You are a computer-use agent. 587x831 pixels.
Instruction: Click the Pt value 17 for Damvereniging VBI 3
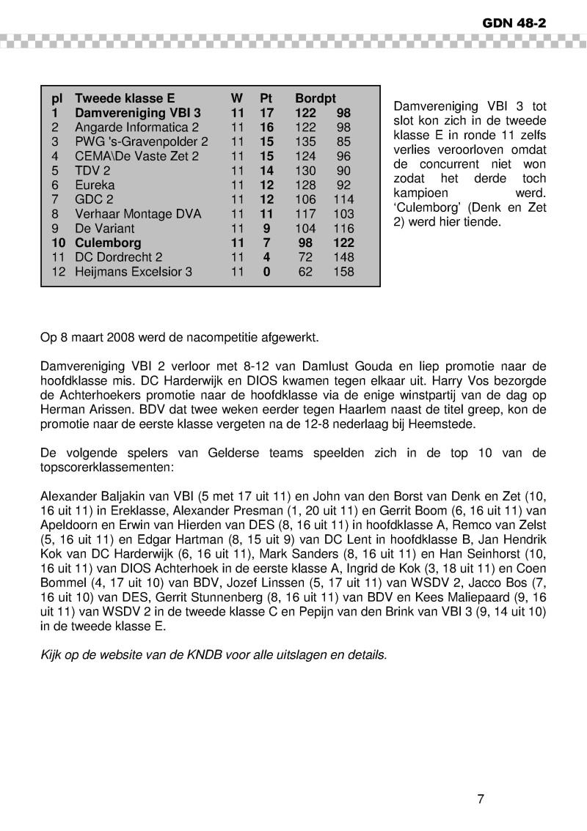tap(266, 114)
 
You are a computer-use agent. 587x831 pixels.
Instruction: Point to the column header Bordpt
tap(316, 99)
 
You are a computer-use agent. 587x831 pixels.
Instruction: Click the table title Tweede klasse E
tap(125, 99)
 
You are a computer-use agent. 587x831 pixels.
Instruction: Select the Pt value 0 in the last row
tap(266, 272)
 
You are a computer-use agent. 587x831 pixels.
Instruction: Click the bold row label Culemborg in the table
tap(108, 243)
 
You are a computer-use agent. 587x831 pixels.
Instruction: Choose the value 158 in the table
tap(343, 272)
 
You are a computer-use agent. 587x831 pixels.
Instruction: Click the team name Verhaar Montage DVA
tap(138, 214)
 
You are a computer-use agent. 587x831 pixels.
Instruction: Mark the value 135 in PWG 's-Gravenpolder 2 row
tap(305, 142)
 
